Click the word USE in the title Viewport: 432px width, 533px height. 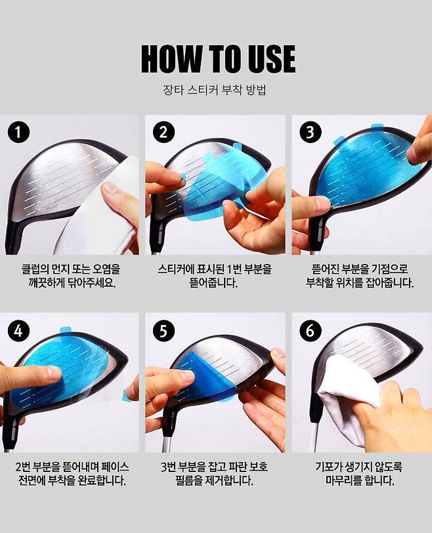click(270, 58)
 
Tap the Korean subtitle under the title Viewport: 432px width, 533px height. click(215, 90)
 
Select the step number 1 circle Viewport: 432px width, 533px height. click(18, 132)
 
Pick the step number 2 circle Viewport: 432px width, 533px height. click(163, 132)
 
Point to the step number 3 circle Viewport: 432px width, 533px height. click(310, 132)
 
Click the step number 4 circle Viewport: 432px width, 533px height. click(18, 330)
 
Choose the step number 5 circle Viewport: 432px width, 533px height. click(163, 330)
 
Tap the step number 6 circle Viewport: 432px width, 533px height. click(310, 330)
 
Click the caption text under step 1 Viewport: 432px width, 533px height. click(71, 276)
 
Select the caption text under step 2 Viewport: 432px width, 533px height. click(215, 276)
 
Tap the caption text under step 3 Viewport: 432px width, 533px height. click(360, 276)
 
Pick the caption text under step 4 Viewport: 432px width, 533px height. click(72, 474)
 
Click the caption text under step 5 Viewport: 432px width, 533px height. click(215, 474)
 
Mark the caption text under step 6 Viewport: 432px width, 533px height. click(359, 474)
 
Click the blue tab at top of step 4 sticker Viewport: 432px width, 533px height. click(65, 330)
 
